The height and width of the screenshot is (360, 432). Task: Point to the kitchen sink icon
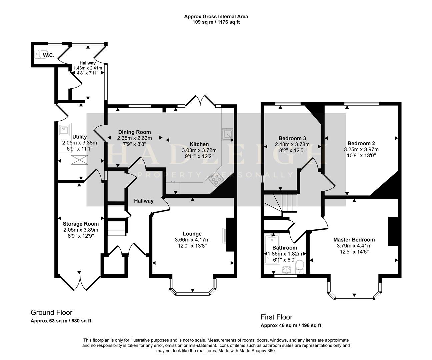(228, 134)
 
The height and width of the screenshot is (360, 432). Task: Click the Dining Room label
(134, 132)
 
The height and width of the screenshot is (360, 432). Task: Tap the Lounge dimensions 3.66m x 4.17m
(192, 240)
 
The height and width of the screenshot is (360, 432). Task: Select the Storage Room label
(81, 224)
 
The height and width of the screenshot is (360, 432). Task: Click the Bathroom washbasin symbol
(286, 269)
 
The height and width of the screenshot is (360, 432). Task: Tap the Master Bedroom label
(354, 240)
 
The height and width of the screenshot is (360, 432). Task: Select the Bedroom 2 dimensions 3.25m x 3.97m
(361, 149)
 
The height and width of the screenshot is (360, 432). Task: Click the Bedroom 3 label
(292, 138)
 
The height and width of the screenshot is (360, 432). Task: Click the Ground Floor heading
(51, 312)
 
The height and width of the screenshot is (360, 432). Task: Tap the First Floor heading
(276, 317)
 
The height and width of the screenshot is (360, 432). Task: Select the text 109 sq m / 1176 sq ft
(216, 22)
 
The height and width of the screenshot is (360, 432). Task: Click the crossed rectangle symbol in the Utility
(80, 160)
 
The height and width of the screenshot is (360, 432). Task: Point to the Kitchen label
(199, 144)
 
